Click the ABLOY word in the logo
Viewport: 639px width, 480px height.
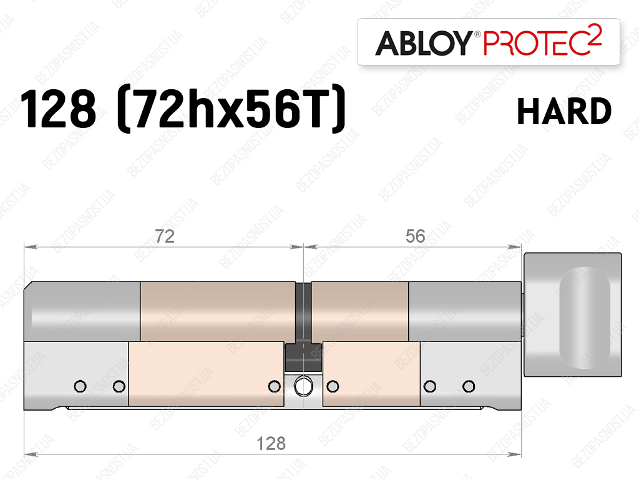[x=424, y=43]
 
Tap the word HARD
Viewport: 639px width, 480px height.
[x=564, y=111]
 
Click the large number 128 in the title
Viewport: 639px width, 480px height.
[x=58, y=110]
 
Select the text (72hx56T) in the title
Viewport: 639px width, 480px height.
[x=231, y=109]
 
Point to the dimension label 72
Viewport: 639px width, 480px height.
[x=165, y=237]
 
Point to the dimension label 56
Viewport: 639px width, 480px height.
[x=415, y=237]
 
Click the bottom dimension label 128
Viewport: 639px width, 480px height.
[x=271, y=443]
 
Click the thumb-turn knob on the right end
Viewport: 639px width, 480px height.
[x=572, y=314]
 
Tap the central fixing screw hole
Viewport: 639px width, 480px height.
[x=303, y=386]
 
